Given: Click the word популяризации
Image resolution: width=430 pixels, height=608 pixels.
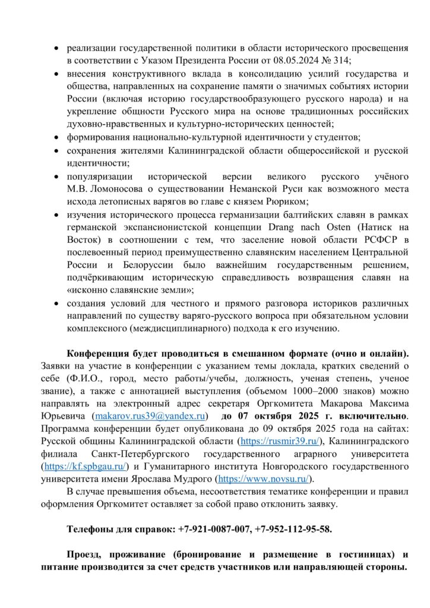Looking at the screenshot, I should (96, 176).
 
